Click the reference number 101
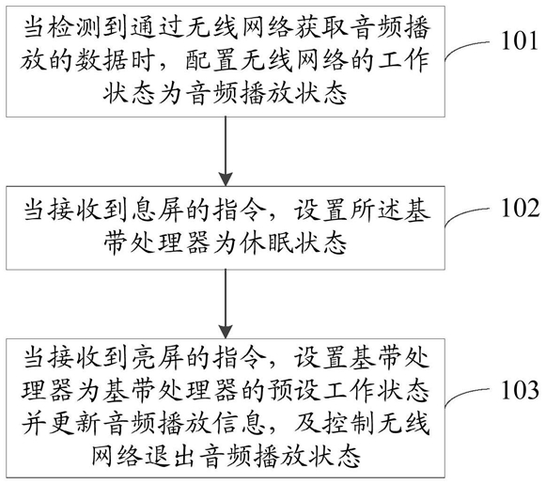click(x=520, y=41)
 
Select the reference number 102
click(x=520, y=209)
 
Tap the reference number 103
click(x=520, y=390)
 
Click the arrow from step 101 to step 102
click(x=226, y=151)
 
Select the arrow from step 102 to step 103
click(x=226, y=304)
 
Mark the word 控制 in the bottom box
click(x=349, y=423)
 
